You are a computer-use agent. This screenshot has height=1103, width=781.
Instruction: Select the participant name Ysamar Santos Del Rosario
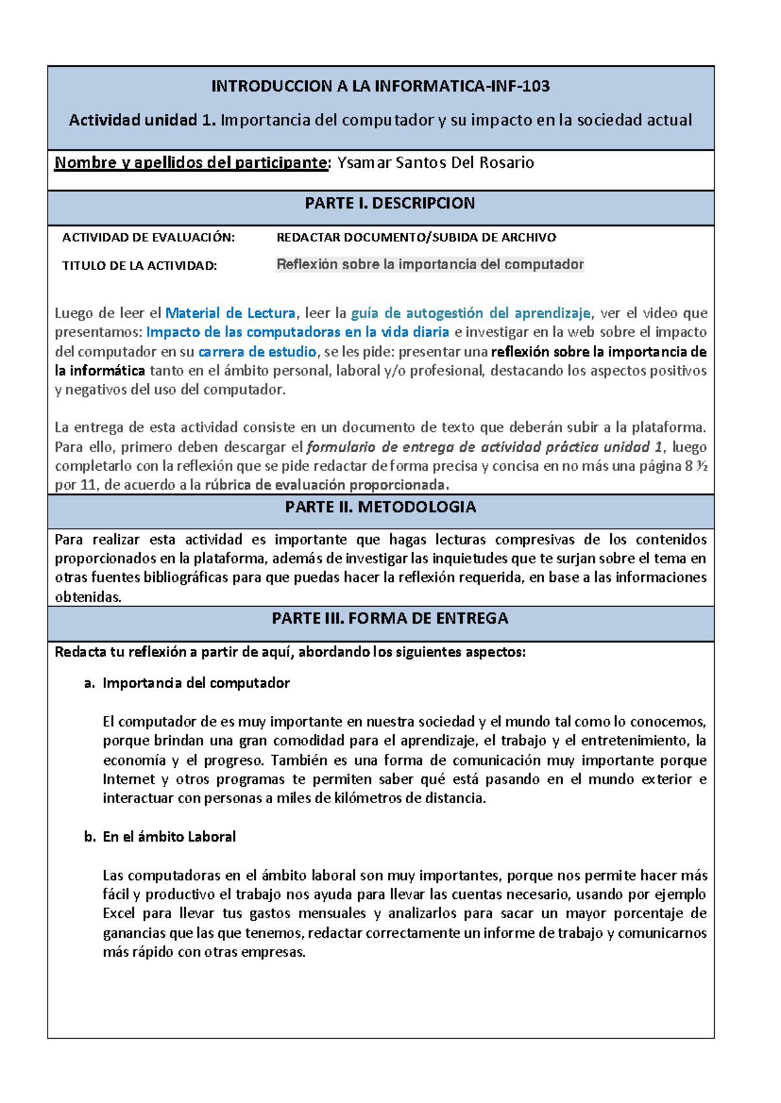pyautogui.click(x=435, y=163)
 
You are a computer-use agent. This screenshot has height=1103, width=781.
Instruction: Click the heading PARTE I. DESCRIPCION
pyautogui.click(x=390, y=203)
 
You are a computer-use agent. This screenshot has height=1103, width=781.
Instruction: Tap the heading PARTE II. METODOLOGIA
pyautogui.click(x=381, y=507)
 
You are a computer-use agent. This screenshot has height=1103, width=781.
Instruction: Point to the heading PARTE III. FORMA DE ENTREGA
pyautogui.click(x=390, y=618)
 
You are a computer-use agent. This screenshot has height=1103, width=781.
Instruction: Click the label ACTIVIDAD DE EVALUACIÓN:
pyautogui.click(x=148, y=237)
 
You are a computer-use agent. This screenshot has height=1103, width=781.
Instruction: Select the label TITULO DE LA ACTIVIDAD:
pyautogui.click(x=139, y=265)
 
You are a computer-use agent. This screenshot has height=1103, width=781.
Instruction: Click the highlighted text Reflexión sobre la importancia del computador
pyautogui.click(x=430, y=264)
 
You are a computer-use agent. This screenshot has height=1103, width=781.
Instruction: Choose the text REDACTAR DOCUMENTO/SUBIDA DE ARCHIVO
pyautogui.click(x=417, y=237)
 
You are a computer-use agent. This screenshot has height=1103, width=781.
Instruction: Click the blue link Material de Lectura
pyautogui.click(x=230, y=313)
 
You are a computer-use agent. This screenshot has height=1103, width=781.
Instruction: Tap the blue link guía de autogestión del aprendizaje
pyautogui.click(x=471, y=313)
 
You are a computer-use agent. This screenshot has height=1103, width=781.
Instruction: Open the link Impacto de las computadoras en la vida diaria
pyautogui.click(x=297, y=332)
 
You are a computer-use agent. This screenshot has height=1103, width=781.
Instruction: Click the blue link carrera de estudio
pyautogui.click(x=257, y=352)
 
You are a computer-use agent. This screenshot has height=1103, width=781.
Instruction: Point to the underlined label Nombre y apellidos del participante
pyautogui.click(x=191, y=163)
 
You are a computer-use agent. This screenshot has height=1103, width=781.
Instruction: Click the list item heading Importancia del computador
pyautogui.click(x=196, y=683)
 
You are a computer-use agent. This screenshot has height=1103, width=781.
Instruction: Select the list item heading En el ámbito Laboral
pyautogui.click(x=169, y=836)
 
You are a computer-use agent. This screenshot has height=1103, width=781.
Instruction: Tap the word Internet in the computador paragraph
pyautogui.click(x=129, y=779)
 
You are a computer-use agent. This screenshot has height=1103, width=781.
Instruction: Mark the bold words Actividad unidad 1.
pyautogui.click(x=142, y=120)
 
